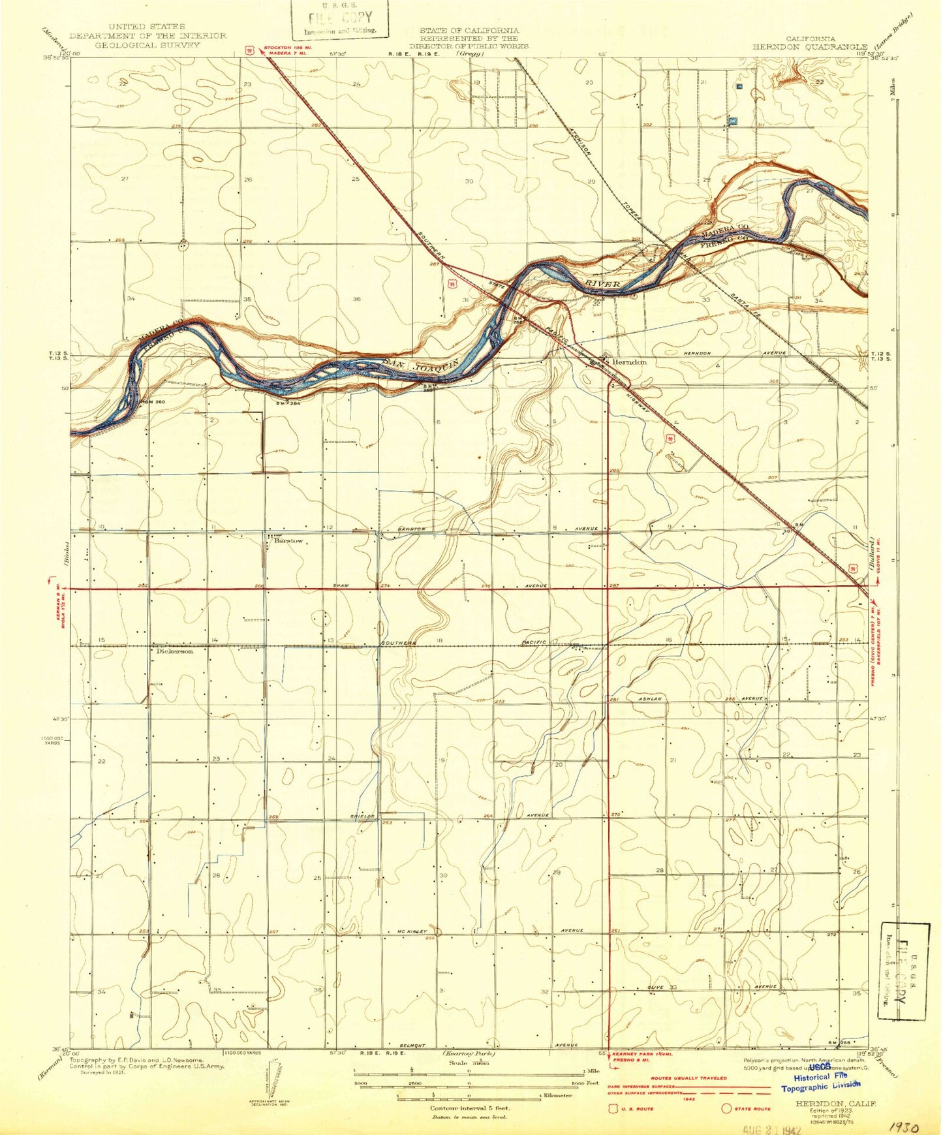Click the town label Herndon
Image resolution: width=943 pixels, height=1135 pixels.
(x=628, y=362)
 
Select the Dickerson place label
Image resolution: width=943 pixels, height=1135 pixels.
(x=175, y=651)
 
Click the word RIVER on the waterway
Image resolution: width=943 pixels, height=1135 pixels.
(x=602, y=284)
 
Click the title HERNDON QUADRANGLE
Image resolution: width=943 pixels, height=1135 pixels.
(x=809, y=47)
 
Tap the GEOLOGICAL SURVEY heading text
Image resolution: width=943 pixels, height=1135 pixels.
(x=147, y=45)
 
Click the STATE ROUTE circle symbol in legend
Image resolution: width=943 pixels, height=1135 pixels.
(x=726, y=1109)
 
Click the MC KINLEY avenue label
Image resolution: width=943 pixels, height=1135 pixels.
(x=412, y=931)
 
